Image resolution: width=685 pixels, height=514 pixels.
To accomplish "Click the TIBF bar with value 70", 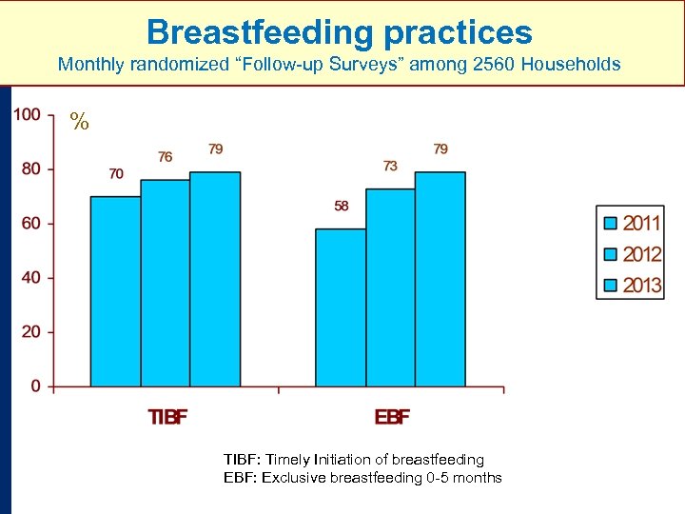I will tap(115, 291).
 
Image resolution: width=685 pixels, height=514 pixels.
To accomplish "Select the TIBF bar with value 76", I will tap(166, 283).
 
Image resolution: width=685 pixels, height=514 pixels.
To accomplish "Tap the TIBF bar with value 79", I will tap(215, 279).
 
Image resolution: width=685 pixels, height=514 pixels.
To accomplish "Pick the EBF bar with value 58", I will tap(341, 307).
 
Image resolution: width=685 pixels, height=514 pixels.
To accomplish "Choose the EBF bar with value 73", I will tap(390, 287).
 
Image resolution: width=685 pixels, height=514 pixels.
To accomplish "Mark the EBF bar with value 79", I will tap(440, 279).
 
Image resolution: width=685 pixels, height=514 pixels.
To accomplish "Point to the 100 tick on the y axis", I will tap(28, 115).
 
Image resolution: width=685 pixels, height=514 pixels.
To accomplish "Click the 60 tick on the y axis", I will tap(31, 224).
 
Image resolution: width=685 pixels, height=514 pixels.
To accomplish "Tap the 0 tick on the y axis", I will tap(36, 386).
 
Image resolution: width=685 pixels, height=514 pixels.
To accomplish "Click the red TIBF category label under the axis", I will tap(166, 417).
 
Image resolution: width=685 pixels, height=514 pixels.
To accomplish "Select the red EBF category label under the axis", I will tap(391, 417).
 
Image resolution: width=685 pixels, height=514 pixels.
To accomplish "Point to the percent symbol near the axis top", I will tap(79, 122).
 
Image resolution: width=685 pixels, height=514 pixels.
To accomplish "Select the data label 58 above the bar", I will tap(341, 206).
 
